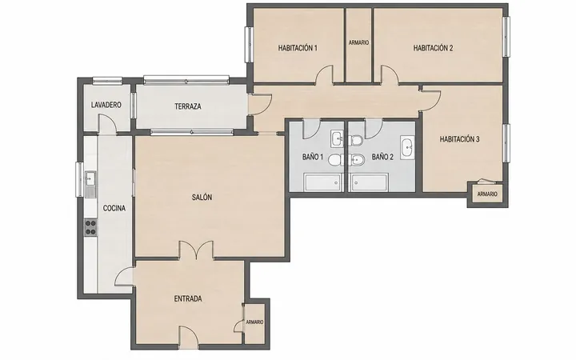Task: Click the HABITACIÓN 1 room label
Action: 298,48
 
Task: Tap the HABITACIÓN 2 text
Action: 433,48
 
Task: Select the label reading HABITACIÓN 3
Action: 459,139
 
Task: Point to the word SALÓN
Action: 202,198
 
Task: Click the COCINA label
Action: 114,208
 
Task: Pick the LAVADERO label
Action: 106,105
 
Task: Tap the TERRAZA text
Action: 188,106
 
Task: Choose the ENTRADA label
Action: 188,298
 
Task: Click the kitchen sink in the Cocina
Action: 90,184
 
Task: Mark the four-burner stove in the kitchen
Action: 90,227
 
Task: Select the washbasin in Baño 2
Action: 407,147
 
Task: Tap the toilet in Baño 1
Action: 335,160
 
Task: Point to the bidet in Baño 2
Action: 355,159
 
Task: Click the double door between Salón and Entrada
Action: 196,250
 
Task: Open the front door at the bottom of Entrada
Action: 189,336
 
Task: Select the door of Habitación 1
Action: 324,74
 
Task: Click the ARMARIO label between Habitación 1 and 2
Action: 358,42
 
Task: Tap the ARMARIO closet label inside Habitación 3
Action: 487,194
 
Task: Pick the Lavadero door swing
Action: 107,124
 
